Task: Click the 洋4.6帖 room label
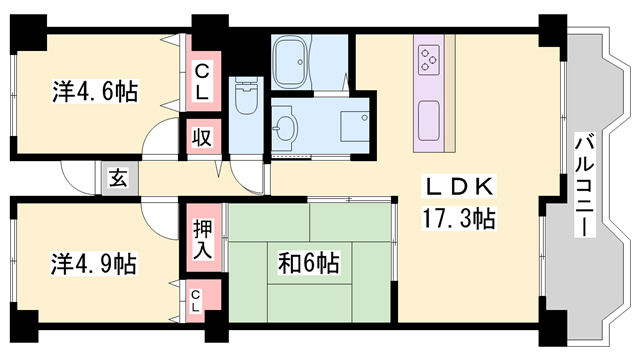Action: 94,92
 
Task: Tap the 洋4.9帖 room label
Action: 94,264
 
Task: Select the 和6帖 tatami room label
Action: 309,264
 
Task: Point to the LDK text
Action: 457,186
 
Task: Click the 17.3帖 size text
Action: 457,216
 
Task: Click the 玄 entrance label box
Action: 118,180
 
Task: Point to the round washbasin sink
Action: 286,129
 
